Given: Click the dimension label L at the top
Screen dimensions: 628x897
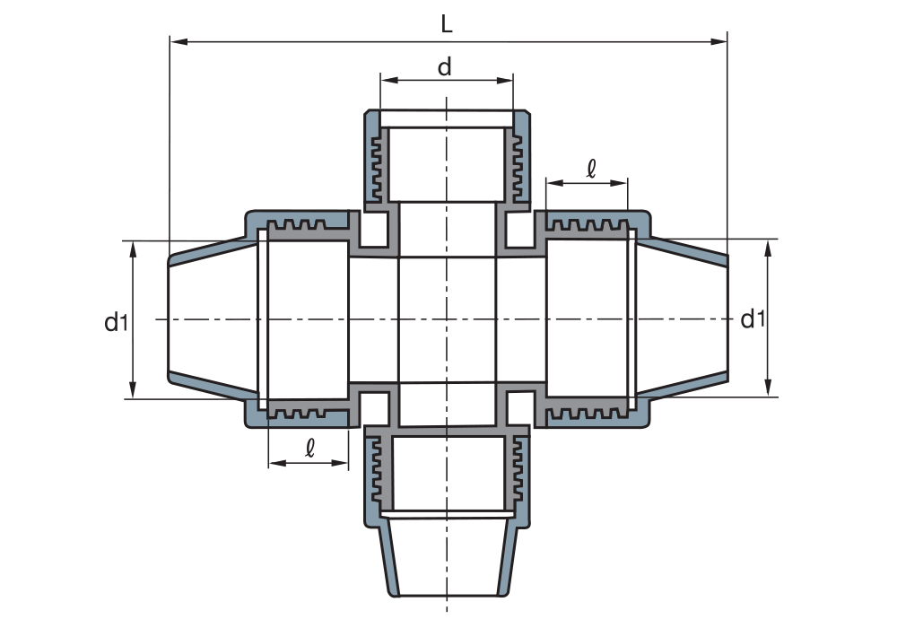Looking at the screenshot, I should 447,22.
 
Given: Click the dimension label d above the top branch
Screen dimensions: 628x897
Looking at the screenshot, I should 446,66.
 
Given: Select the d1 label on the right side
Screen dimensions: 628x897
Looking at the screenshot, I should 753,318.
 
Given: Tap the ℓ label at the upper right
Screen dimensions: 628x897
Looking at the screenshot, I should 590,168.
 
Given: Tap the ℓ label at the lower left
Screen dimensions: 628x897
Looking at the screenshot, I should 309,448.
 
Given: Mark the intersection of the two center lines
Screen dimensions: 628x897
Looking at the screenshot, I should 446,318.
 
